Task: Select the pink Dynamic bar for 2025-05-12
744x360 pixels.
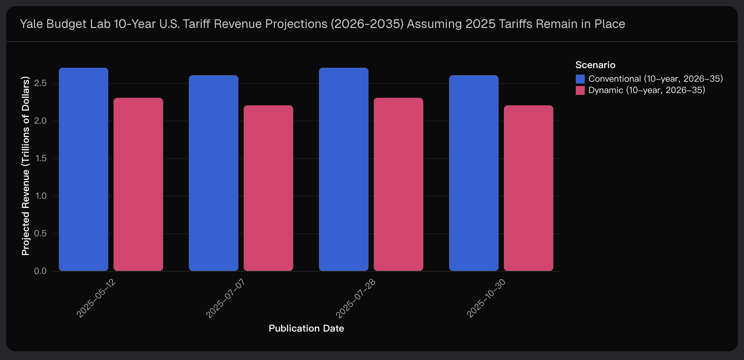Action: (x=138, y=184)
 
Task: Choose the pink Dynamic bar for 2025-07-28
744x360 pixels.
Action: (x=398, y=184)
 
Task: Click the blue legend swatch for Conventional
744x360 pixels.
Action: (x=580, y=79)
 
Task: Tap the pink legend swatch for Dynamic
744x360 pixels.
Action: (x=580, y=90)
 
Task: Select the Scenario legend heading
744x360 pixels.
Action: (x=595, y=65)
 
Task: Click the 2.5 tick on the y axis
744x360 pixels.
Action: (x=40, y=83)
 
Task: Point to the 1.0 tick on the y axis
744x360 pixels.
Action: (x=41, y=196)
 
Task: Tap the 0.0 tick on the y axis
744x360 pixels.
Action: (x=40, y=271)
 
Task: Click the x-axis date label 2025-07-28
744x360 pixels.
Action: (x=356, y=298)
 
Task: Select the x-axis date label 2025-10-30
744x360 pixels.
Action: (x=486, y=298)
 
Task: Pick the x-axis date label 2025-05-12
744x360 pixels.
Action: (x=96, y=298)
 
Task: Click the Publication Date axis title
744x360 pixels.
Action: (x=306, y=329)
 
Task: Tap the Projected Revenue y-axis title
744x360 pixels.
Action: (x=26, y=166)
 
